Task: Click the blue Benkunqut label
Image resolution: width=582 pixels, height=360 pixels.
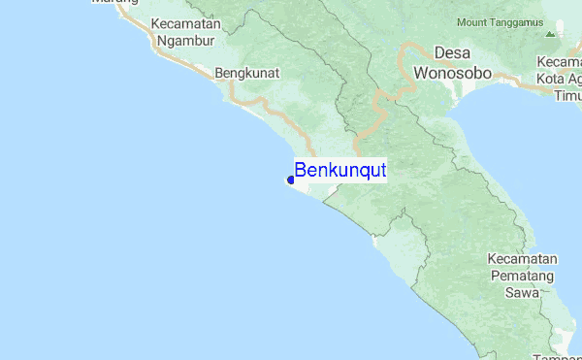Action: click(340, 171)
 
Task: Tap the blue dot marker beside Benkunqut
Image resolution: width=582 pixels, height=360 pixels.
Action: click(291, 180)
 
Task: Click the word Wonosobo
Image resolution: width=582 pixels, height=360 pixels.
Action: click(452, 73)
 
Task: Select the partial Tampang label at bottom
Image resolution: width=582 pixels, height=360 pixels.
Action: click(556, 356)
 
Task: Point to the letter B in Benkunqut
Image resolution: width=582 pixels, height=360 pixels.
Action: click(301, 171)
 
